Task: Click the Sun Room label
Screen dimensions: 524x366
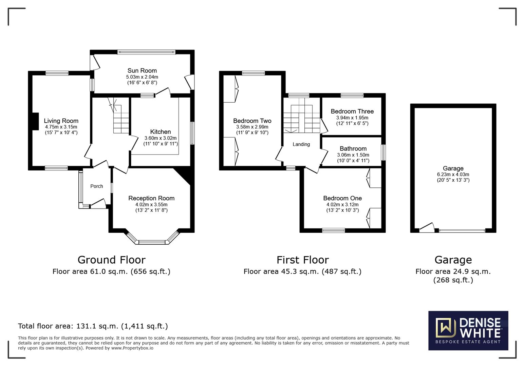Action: (x=142, y=70)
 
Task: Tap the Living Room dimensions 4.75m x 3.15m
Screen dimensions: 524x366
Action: (x=61, y=127)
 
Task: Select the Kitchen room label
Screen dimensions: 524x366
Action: (x=161, y=132)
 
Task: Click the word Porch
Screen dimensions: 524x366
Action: (x=97, y=186)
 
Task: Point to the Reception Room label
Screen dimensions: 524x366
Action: (x=151, y=198)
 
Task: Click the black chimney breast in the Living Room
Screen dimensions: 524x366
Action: (x=35, y=121)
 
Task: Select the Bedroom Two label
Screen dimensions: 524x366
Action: (x=252, y=121)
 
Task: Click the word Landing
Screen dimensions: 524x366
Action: (x=301, y=144)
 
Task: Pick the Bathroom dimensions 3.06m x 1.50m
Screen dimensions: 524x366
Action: (x=353, y=155)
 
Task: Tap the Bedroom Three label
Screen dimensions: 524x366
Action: (x=352, y=111)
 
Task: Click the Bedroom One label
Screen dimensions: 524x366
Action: (x=342, y=198)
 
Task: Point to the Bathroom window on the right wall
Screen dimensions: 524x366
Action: (x=383, y=152)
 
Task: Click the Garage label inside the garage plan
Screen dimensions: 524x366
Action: (x=453, y=168)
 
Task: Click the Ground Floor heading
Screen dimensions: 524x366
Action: (x=111, y=260)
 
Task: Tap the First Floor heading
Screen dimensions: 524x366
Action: (x=303, y=260)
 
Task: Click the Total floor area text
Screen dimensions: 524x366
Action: (x=93, y=326)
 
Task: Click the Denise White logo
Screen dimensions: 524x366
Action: (x=468, y=330)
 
